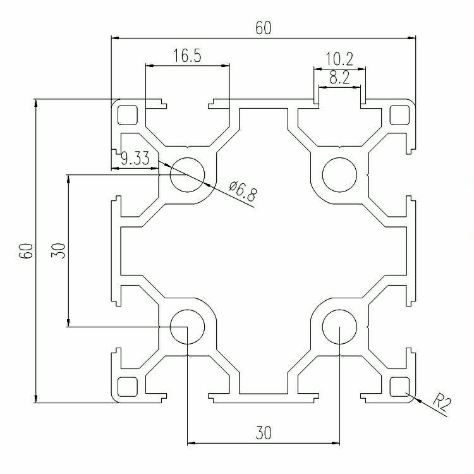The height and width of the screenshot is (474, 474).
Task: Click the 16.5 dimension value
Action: point(187,56)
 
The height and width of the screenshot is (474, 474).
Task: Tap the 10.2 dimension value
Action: point(339,59)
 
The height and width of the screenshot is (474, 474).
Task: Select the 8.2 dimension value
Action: point(339,77)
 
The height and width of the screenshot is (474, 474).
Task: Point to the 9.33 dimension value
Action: point(135,158)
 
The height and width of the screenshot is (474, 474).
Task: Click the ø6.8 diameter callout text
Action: point(243,191)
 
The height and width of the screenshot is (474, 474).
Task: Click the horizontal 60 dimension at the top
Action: point(264,28)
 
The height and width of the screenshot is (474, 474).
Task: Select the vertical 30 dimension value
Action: point(58,251)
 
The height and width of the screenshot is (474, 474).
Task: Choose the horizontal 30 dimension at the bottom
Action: point(264,433)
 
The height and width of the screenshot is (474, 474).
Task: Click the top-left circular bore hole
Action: point(188,174)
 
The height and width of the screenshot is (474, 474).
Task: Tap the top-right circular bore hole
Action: point(340,174)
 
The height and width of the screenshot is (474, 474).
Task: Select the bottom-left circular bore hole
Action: point(188,327)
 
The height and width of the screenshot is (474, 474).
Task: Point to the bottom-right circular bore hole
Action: point(340,327)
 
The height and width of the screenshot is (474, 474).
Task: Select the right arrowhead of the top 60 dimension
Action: point(411,38)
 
